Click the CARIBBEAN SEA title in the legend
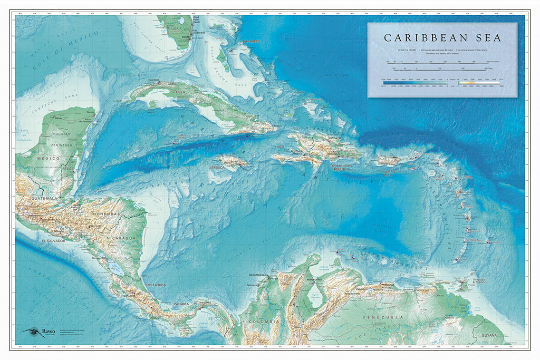click(442, 38)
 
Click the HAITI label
click(279, 147)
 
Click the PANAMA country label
click(181, 304)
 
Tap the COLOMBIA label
click(265, 321)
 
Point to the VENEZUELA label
click(388, 317)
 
